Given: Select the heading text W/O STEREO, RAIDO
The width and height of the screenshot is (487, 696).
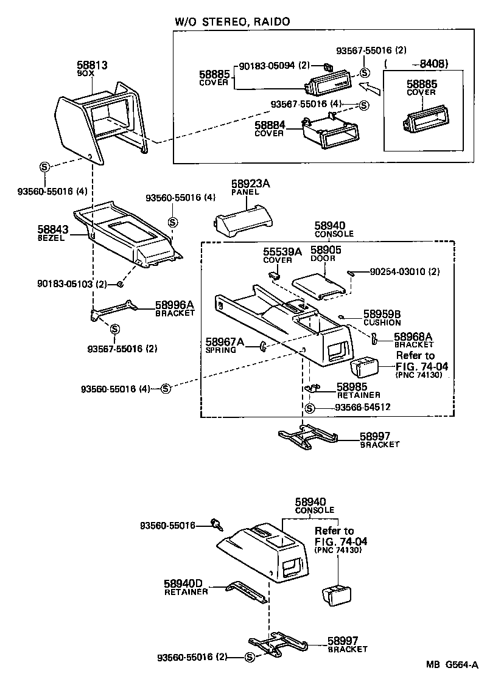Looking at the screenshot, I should click(x=232, y=21).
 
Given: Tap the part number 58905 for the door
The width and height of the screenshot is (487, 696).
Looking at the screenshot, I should click(x=326, y=250).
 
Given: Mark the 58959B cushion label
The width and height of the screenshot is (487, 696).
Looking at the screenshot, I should click(x=382, y=314).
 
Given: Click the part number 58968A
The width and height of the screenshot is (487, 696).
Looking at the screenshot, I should click(x=413, y=336).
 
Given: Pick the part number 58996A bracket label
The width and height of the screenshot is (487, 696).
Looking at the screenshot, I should click(x=174, y=305).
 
